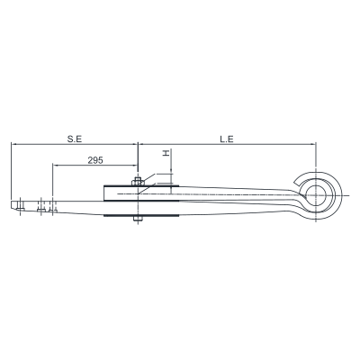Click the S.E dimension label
click(75, 139)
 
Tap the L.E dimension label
click(227, 139)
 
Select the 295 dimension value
click(95, 160)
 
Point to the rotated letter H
click(166, 153)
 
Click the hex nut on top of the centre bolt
click(137, 182)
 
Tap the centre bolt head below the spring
click(138, 219)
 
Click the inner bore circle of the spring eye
click(316, 195)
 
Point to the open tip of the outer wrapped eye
click(296, 183)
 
